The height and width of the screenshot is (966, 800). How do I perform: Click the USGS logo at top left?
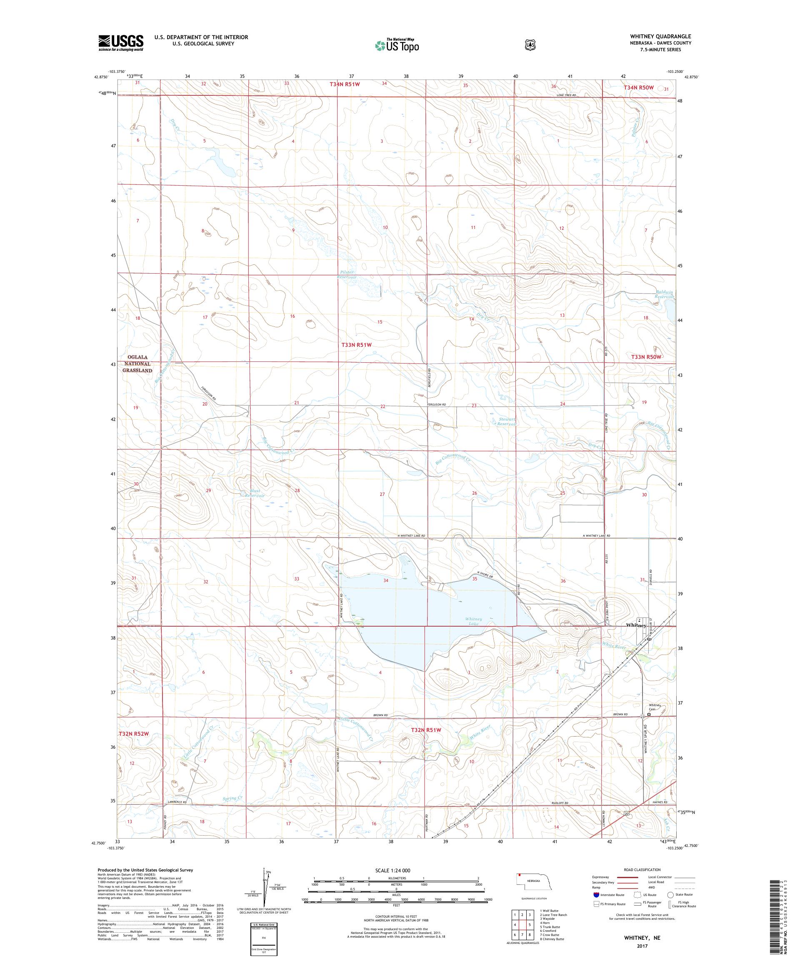click(120, 43)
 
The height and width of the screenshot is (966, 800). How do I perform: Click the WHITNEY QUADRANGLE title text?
click(663, 36)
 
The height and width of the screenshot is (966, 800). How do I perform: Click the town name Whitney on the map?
click(636, 625)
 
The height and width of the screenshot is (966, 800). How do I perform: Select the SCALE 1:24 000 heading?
click(396, 870)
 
